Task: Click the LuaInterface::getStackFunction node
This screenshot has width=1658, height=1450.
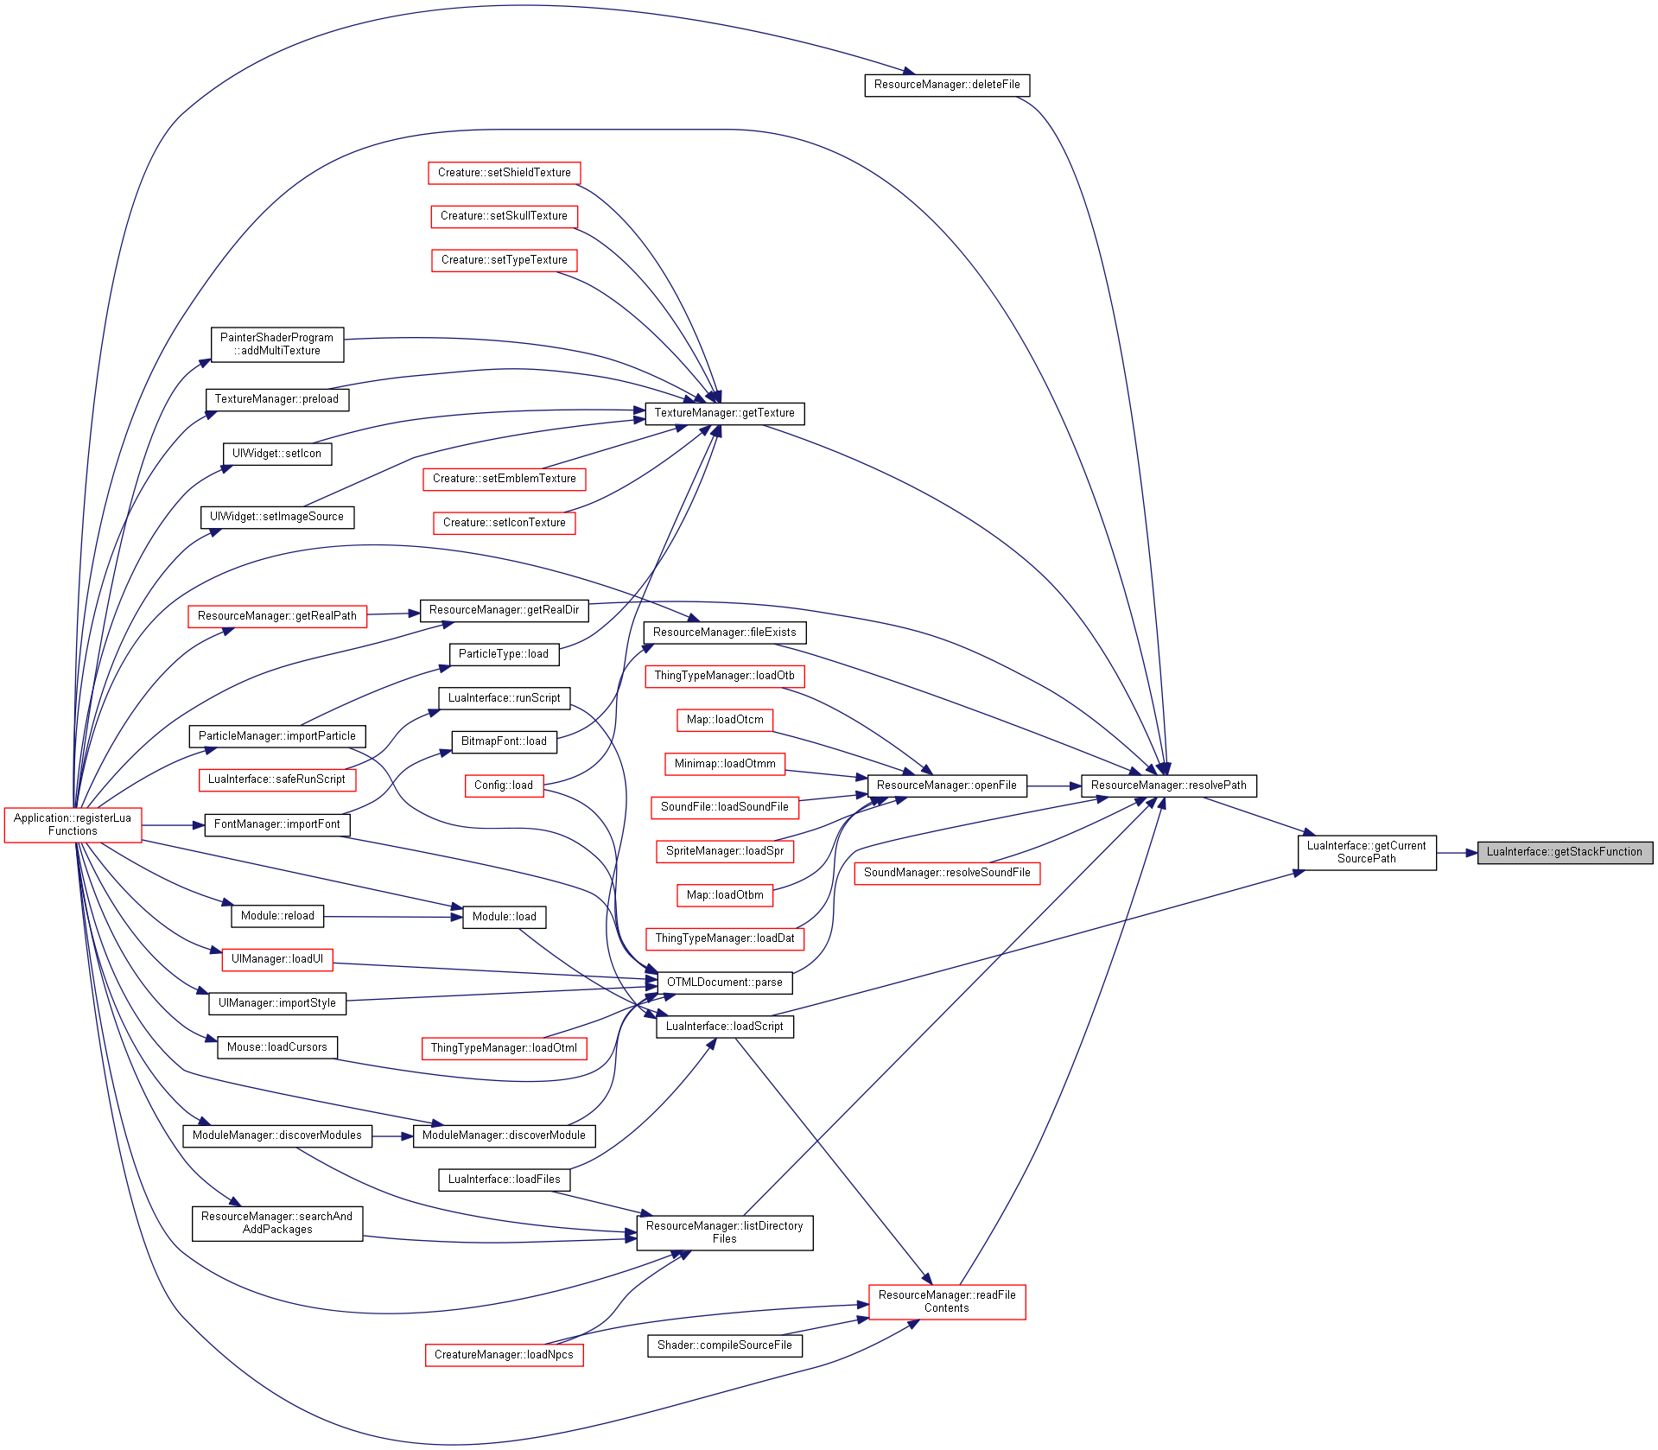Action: [1565, 852]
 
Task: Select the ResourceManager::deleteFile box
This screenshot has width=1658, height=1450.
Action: [947, 85]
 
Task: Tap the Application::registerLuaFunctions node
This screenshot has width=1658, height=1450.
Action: [73, 824]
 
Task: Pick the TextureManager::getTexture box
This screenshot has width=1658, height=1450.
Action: [724, 413]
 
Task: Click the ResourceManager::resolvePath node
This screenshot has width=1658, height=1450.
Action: [1168, 785]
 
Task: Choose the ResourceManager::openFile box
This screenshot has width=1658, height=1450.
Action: [947, 785]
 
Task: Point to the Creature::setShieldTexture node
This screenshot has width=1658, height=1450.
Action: [504, 173]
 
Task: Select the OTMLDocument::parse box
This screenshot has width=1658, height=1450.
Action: [724, 983]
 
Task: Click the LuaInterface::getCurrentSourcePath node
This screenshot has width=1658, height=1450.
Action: [1366, 852]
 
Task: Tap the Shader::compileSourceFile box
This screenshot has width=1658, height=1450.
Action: [724, 1345]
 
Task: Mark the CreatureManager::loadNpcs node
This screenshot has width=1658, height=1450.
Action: [504, 1355]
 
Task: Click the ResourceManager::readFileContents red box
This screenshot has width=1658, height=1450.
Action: [947, 1301]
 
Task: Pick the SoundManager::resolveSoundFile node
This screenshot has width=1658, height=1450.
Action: [947, 873]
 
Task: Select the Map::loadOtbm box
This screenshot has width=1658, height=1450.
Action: [724, 895]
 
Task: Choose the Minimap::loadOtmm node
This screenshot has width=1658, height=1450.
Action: [724, 764]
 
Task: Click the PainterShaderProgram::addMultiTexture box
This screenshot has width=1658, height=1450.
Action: [276, 345]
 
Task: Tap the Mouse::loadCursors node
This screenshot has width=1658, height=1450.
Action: [276, 1047]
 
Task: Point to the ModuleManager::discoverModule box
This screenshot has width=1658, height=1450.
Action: [504, 1135]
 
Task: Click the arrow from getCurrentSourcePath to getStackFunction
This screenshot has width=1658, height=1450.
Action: [1457, 853]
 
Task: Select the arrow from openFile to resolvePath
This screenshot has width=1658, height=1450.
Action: [1054, 786]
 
